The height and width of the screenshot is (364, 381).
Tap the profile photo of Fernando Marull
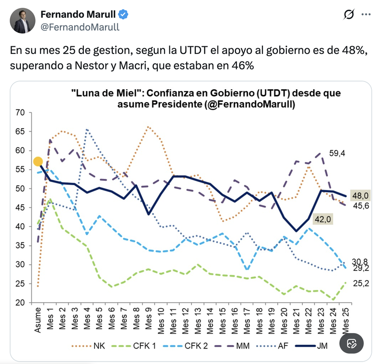(23, 20)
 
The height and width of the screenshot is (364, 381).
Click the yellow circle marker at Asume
(38, 162)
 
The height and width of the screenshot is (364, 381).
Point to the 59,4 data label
(337, 154)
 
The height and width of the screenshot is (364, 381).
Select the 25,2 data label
(360, 283)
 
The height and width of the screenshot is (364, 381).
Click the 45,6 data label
(360, 206)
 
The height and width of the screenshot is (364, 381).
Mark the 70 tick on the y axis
(20, 113)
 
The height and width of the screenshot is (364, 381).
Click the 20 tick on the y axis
(20, 303)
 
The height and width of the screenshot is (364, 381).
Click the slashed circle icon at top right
(348, 15)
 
